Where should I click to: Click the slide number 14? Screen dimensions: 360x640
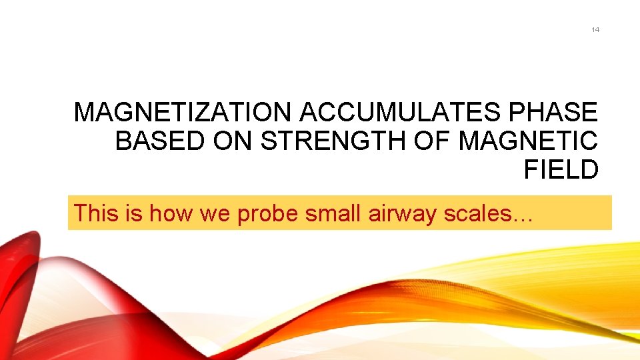point(595,30)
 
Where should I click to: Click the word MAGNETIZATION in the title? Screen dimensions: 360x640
point(184,113)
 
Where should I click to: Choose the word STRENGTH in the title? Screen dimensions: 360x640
point(327,142)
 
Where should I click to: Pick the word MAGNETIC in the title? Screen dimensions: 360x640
point(529,142)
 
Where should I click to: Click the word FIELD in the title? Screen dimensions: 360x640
point(561,171)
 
